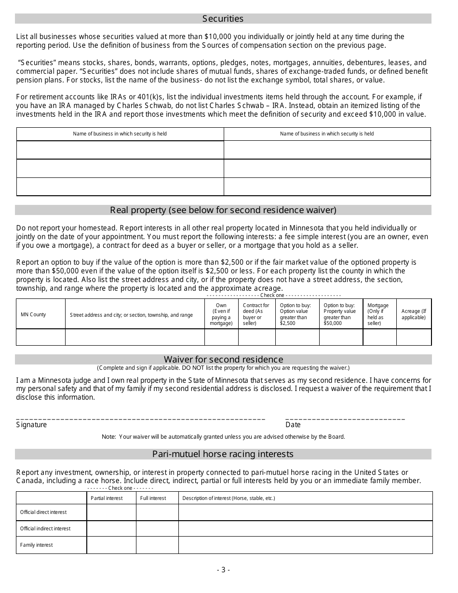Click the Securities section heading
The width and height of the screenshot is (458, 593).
click(223, 19)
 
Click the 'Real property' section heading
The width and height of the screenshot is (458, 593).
click(223, 210)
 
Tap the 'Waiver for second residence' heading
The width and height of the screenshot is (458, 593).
click(223, 359)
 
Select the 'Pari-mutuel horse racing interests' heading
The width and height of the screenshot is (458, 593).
click(223, 454)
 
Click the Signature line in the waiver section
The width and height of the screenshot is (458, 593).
click(140, 418)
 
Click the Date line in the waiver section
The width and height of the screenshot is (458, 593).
click(345, 418)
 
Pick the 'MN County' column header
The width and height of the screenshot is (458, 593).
click(33, 314)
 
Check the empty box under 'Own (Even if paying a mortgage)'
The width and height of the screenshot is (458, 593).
click(221, 337)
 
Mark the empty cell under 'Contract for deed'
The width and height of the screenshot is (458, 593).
click(256, 337)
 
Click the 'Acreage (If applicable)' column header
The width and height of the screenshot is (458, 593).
click(414, 314)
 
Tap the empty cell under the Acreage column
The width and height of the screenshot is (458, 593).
click(414, 337)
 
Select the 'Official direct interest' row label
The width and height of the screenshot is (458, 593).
click(43, 512)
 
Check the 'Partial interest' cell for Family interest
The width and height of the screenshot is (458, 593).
click(111, 545)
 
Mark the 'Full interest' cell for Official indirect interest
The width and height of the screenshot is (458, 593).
click(157, 528)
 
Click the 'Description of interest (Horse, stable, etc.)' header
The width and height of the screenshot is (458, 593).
click(229, 498)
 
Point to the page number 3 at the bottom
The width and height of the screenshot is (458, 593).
click(223, 569)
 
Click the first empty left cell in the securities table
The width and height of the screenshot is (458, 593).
click(120, 149)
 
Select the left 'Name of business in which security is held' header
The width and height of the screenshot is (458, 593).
click(120, 134)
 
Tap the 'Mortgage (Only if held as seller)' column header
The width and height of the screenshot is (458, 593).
click(379, 314)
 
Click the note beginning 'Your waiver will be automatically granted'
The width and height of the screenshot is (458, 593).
click(223, 437)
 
